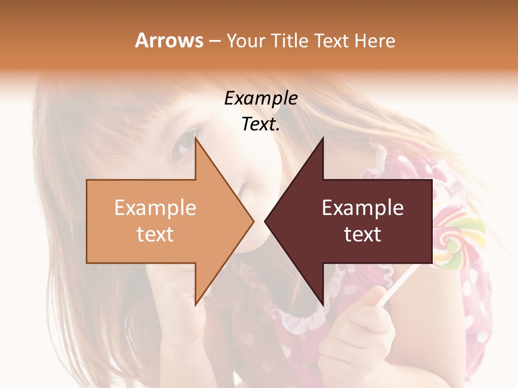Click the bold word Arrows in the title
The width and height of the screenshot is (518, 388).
click(169, 40)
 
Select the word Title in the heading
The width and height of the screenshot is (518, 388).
click(289, 40)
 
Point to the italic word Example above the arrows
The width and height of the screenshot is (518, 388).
click(261, 99)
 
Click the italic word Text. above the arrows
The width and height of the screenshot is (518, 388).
click(261, 124)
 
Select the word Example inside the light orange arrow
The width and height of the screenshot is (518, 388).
click(155, 207)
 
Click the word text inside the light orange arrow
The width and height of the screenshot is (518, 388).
click(155, 234)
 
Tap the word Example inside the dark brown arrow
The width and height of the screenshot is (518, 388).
click(363, 207)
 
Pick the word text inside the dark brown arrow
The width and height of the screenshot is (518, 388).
click(363, 234)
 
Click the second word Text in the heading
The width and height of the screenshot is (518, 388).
click(332, 40)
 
